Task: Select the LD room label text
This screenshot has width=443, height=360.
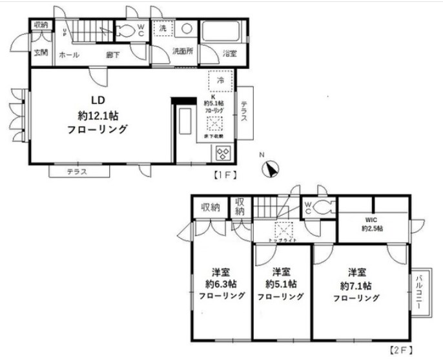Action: pyautogui.click(x=98, y=100)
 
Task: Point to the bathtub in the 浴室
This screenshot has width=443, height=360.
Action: pyautogui.click(x=220, y=32)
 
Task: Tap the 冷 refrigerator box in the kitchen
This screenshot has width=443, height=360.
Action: pyautogui.click(x=220, y=81)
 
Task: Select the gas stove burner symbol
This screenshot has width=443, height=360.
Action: pyautogui.click(x=223, y=153)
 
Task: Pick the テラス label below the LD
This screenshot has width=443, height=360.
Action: pyautogui.click(x=77, y=172)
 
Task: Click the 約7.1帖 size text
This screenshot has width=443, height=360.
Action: pyautogui.click(x=355, y=285)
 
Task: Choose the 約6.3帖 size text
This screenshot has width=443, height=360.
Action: pyautogui.click(x=221, y=283)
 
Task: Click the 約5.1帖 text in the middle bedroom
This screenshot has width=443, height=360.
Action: pyautogui.click(x=281, y=284)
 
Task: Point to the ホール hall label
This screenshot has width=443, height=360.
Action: pyautogui.click(x=69, y=55)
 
